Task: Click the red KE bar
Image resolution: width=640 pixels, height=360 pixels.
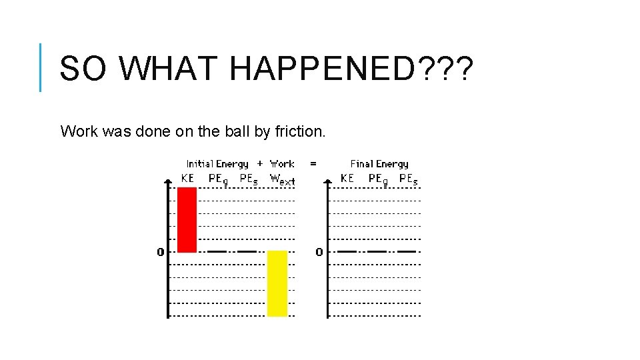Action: [187, 219]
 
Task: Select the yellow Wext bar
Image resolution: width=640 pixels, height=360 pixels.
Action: [277, 283]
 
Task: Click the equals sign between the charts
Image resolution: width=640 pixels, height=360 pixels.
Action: [313, 163]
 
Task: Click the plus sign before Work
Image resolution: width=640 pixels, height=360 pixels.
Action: [259, 163]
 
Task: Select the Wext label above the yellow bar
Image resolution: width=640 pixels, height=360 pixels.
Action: [282, 179]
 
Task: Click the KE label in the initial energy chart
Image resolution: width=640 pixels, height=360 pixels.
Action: [187, 178]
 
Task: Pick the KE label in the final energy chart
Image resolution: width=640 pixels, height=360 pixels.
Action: [347, 178]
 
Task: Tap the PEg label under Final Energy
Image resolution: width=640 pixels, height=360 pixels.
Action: [378, 179]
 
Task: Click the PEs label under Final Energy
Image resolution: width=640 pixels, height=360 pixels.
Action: [408, 179]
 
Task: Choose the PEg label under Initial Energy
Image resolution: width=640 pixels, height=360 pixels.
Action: [219, 179]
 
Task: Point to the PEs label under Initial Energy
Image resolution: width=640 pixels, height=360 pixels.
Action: [248, 179]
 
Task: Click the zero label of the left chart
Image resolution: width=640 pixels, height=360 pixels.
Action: [160, 252]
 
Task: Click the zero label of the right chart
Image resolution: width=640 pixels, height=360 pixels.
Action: [319, 252]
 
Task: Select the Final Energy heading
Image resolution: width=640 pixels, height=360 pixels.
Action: [379, 164]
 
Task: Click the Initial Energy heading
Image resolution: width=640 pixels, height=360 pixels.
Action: [217, 164]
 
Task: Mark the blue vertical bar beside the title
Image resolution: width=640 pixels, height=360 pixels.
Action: [41, 67]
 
